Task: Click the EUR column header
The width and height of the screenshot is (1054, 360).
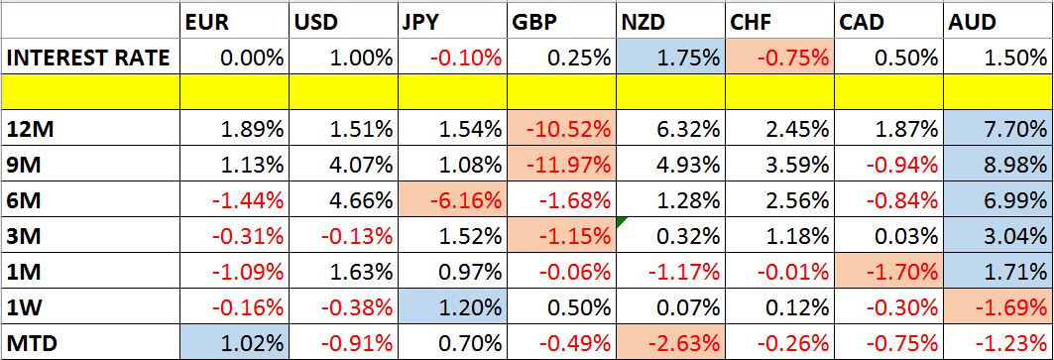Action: (x=203, y=20)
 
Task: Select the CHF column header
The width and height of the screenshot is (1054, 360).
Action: (x=751, y=20)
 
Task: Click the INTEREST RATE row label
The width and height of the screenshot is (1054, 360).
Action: (x=87, y=58)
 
